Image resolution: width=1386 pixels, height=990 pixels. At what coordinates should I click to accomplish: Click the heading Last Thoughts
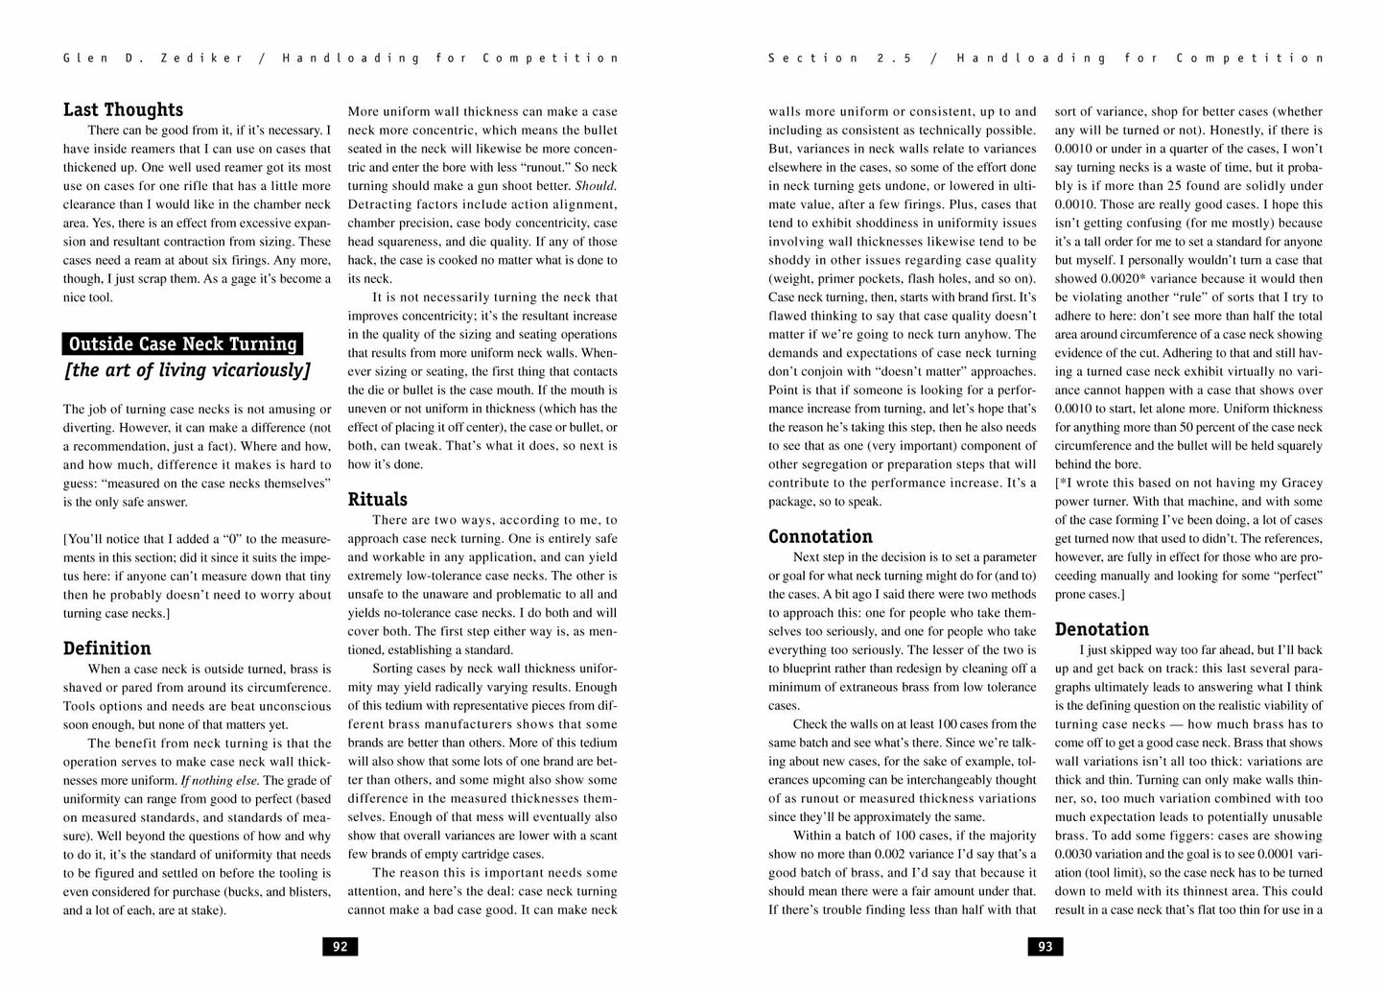click(123, 110)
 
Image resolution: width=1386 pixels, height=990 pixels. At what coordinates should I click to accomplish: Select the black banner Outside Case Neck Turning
click(183, 343)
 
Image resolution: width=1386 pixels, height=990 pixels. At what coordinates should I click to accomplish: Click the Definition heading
click(107, 648)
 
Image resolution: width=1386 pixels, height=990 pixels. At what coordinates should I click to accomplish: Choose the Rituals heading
click(377, 500)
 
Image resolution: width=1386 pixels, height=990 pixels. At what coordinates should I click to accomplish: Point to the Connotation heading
click(820, 537)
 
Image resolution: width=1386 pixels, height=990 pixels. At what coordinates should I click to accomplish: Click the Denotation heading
click(1101, 630)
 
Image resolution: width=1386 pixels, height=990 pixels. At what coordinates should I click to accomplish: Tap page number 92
click(340, 947)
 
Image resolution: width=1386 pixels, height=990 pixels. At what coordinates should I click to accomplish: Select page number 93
click(1045, 947)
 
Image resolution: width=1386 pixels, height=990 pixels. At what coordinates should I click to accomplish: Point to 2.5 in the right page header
click(892, 59)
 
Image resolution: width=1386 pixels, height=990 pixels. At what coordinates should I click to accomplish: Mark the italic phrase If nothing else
click(220, 780)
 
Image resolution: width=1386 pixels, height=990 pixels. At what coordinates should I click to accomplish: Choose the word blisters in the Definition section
click(306, 891)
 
